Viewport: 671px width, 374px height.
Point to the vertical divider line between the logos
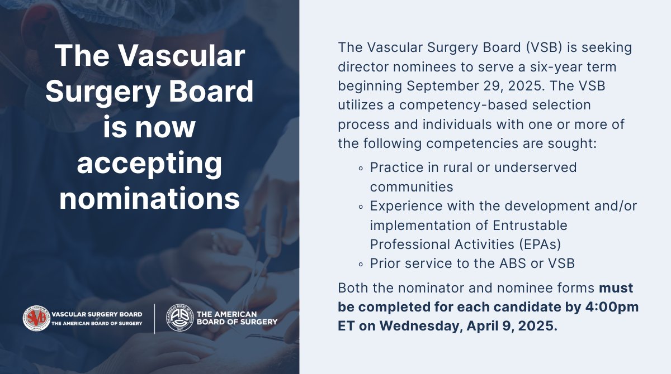[x=155, y=318]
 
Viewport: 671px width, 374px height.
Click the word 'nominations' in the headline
[x=149, y=199]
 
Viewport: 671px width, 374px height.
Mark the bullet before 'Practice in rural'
[x=361, y=167]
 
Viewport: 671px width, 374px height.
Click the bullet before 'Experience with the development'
[x=361, y=206]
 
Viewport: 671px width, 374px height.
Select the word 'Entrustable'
[x=523, y=225]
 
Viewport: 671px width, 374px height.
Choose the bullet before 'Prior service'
[x=361, y=263]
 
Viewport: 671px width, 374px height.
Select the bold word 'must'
[x=616, y=288]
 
